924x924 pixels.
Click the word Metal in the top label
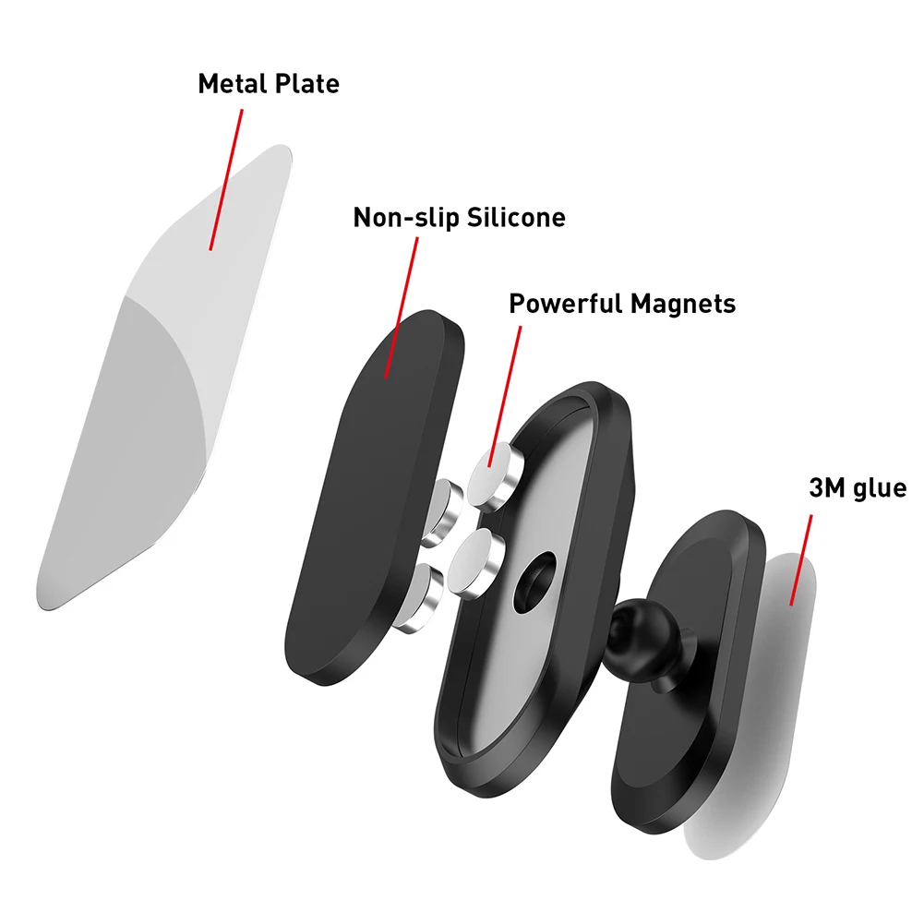[x=231, y=84]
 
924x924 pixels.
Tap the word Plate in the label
[x=306, y=84]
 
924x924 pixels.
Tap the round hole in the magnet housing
[x=536, y=582]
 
